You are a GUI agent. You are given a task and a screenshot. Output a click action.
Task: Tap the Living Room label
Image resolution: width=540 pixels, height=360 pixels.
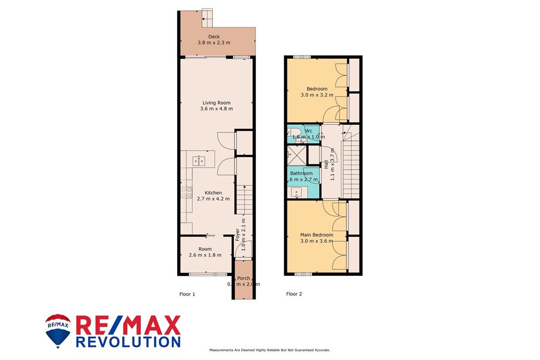pos(216,103)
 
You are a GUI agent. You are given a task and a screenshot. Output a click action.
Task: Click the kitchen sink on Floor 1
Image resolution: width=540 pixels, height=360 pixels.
pos(199,160)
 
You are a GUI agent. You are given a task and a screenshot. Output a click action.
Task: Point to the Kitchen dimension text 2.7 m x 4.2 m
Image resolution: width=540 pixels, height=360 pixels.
pos(213,199)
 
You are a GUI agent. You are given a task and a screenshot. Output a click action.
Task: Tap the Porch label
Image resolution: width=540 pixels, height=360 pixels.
pos(243,278)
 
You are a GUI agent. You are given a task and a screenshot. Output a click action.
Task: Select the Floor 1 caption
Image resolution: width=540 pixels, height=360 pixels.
pos(187,294)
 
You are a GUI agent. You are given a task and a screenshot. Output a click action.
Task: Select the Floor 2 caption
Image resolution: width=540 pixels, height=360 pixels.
pos(294,294)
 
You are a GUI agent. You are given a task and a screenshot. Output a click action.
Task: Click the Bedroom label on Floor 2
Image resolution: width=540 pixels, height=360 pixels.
pos(316,89)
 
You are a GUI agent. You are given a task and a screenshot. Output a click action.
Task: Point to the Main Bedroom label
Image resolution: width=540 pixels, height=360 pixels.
pos(316,235)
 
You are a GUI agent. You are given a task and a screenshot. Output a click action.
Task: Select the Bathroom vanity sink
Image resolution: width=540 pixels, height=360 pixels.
pos(296,191)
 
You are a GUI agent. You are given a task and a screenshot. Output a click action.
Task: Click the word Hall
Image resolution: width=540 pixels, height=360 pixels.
pos(326,164)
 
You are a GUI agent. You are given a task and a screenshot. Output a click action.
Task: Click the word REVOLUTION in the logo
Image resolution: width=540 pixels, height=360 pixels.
pos(127,341)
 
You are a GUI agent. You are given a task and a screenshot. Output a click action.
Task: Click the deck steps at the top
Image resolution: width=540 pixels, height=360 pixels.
pos(207,18)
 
